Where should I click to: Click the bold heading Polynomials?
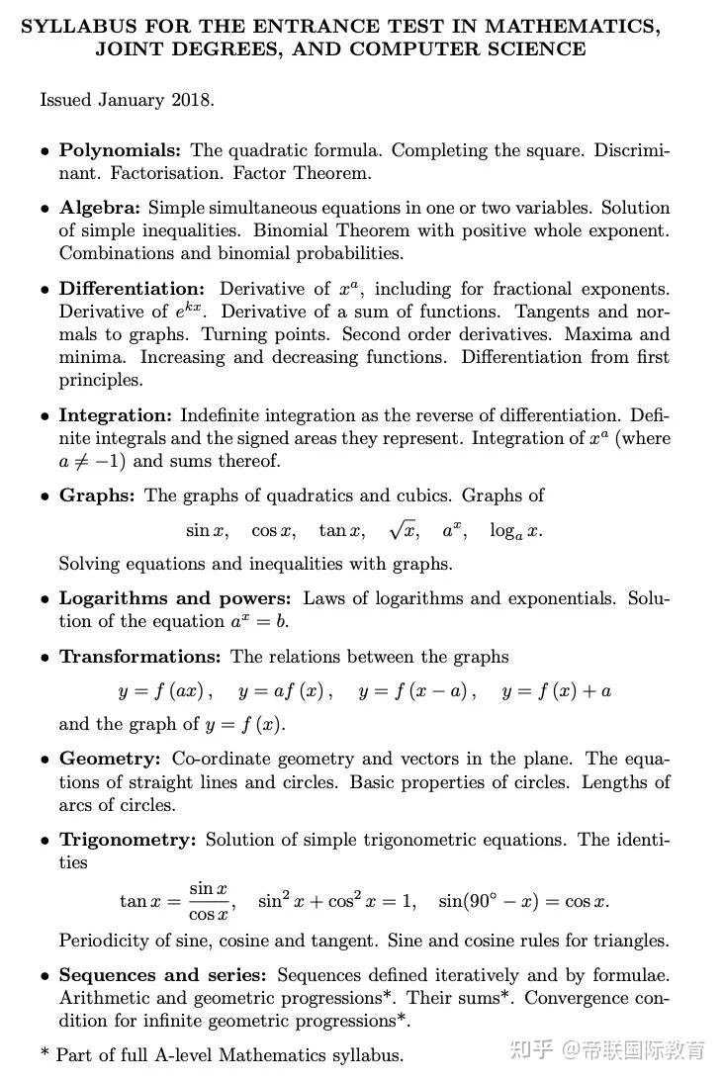pos(120,150)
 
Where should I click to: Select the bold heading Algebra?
pos(101,208)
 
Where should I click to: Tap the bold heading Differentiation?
pos(132,289)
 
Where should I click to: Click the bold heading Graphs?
pos(97,495)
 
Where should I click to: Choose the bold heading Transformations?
pos(140,657)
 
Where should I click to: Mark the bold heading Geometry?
pos(110,760)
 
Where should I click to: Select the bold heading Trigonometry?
pos(128,840)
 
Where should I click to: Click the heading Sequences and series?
pos(162,975)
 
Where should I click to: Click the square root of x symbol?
pos(404,530)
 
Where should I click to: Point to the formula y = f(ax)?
pos(165,691)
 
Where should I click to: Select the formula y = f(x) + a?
pos(556,691)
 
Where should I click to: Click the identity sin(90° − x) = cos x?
pos(523,902)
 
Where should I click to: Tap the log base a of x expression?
pos(515,531)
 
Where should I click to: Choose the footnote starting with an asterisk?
pos(222,1054)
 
